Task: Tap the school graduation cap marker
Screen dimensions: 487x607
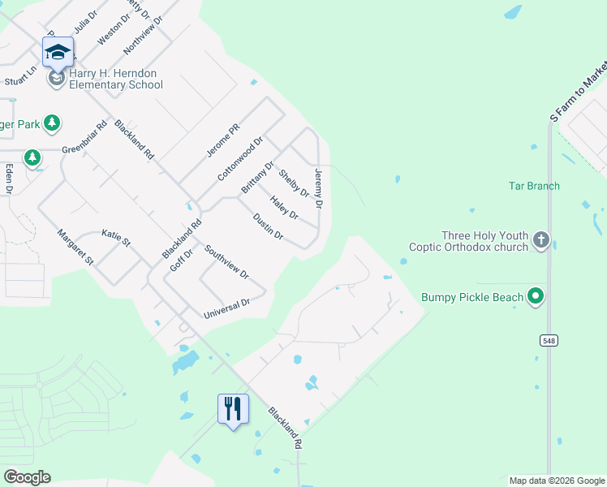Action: pos(58,53)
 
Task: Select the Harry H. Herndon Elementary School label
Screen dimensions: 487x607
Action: pos(116,79)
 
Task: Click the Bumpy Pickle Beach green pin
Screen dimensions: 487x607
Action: pos(535,297)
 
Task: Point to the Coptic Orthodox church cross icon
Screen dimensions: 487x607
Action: pos(541,240)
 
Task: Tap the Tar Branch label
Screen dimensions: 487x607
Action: pos(534,186)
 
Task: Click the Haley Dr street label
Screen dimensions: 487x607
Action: pos(285,209)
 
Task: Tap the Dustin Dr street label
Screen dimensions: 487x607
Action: pos(268,226)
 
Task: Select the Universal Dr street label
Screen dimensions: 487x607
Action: pos(226,308)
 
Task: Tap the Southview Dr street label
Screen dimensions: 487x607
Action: pos(226,262)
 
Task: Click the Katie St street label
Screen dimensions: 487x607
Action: pos(116,237)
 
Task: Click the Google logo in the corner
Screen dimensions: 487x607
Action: pos(27,477)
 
